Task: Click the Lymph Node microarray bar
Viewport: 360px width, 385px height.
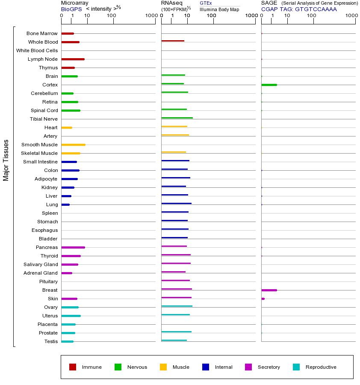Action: tap(73, 59)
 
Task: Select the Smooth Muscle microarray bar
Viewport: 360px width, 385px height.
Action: tap(73, 145)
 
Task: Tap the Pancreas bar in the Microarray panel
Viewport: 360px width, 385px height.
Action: tap(73, 247)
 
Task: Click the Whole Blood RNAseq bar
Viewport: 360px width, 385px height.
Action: tap(173, 41)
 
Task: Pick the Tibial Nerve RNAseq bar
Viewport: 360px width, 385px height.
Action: tap(177, 118)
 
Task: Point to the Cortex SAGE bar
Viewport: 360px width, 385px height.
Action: tap(269, 85)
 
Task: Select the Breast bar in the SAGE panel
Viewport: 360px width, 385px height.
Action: tap(269, 290)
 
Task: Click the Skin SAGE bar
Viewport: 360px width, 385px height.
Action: tap(263, 299)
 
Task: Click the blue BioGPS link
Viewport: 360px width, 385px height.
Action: tap(71, 9)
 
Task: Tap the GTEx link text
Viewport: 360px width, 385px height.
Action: tap(206, 3)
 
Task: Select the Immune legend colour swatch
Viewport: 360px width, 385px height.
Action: tap(73, 367)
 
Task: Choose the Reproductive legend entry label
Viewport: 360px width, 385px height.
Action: tap(321, 367)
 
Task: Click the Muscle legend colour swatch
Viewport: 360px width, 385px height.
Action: tap(163, 367)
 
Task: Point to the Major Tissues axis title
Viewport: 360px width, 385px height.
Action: tap(6, 160)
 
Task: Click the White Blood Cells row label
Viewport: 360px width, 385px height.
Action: tap(37, 50)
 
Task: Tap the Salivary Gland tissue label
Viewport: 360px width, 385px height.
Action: tap(41, 264)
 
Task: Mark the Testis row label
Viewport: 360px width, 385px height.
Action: tap(51, 341)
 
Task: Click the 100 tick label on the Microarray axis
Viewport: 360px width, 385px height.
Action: tap(112, 16)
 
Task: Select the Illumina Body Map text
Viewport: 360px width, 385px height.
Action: tap(219, 9)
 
